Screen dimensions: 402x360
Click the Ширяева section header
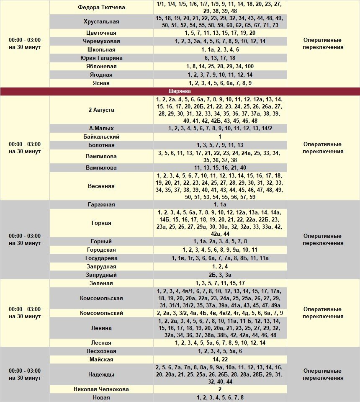180,91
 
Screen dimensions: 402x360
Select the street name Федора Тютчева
101,8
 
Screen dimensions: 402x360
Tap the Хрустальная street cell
101,22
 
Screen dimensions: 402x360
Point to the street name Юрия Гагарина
101,58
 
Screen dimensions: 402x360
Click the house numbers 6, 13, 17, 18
220,58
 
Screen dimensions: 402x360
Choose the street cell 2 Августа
101,110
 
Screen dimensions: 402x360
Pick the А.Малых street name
101,128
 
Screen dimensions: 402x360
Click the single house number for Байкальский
220,137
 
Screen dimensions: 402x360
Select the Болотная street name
101,145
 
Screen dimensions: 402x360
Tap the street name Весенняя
101,186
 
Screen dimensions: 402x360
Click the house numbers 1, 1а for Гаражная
220,204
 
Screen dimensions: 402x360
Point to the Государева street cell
101,258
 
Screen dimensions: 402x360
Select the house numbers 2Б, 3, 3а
220,275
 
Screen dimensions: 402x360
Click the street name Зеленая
101,283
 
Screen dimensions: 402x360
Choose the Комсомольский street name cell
101,313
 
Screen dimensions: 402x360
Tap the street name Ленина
101,328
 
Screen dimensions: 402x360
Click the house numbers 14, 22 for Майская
220,359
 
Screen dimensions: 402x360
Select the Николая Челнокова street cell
101,389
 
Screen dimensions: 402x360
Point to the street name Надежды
101,374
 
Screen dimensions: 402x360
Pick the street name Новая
101,397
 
